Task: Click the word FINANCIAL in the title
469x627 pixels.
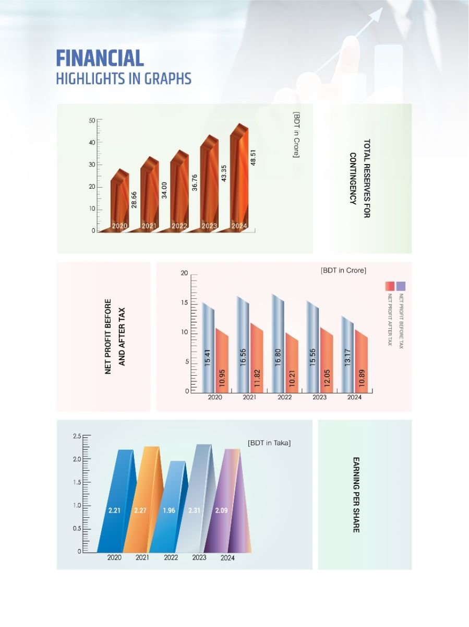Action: point(100,57)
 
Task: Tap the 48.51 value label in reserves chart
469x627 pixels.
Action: point(254,156)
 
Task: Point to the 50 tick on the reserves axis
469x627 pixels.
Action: point(92,120)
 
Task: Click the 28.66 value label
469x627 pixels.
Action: point(134,200)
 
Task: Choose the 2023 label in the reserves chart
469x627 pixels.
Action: point(209,226)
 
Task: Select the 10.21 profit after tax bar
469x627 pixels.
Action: point(292,366)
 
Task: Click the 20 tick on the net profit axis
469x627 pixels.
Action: point(184,273)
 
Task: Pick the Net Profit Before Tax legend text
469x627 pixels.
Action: point(401,322)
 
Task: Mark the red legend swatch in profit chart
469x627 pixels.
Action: point(390,286)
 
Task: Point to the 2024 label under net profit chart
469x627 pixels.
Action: point(354,398)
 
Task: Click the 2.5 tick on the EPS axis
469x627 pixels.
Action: point(77,436)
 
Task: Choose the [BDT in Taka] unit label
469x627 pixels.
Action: point(269,443)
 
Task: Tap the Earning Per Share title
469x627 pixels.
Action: point(356,494)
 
